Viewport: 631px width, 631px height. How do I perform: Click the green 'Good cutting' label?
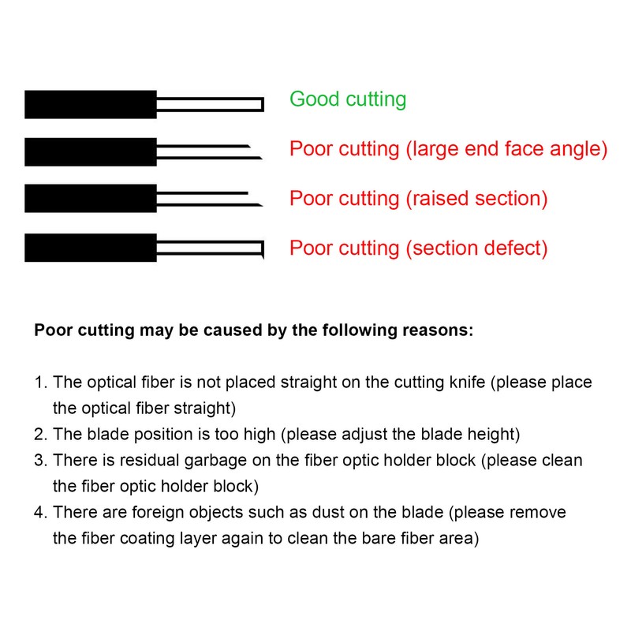[348, 99]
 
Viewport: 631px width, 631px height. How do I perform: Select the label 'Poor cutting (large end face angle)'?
[449, 149]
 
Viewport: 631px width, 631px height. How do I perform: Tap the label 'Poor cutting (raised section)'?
[419, 198]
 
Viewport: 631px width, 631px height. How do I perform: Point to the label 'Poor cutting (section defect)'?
[419, 248]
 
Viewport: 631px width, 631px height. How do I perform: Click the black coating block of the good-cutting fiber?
[91, 104]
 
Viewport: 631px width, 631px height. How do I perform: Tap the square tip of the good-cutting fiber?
[259, 104]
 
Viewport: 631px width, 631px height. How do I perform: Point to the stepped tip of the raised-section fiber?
[254, 200]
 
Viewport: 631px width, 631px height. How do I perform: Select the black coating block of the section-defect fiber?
[91, 248]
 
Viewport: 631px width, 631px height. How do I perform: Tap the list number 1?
[39, 383]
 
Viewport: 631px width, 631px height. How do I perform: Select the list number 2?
[39, 435]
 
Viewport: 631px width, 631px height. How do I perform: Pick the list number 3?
[39, 461]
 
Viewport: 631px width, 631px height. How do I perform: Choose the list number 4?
[39, 513]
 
